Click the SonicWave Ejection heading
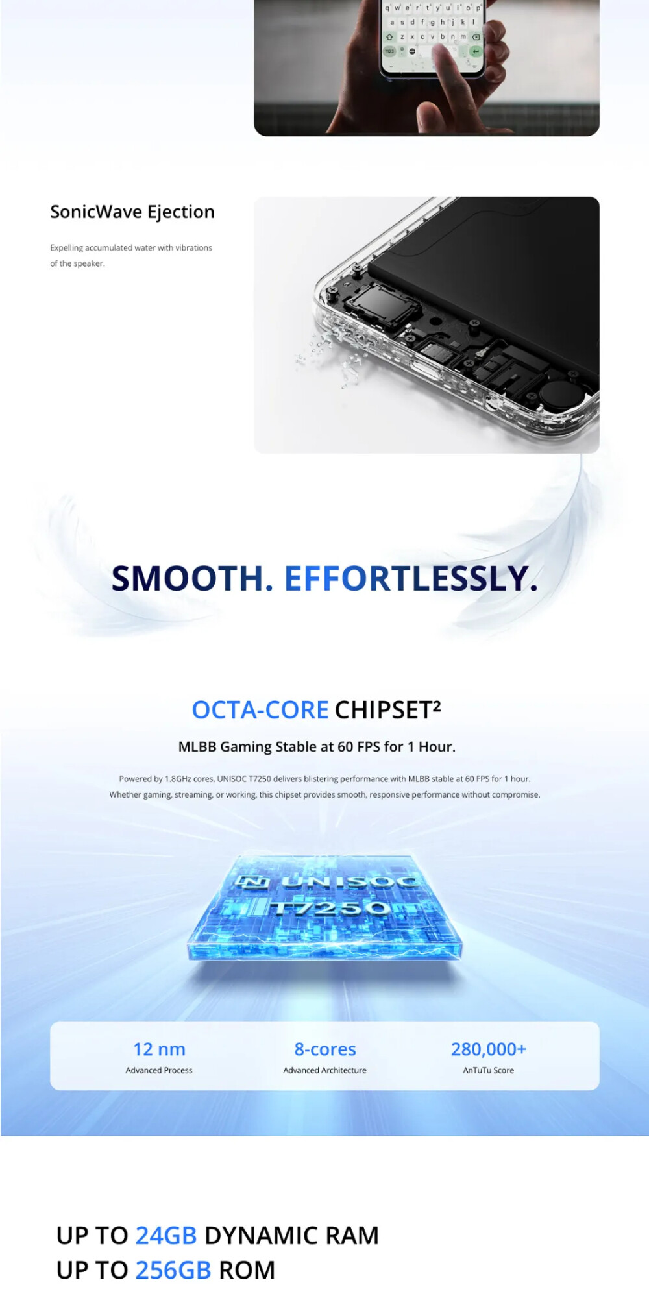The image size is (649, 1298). [132, 212]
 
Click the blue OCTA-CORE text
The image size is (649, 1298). [260, 710]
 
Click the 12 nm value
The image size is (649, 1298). [159, 1049]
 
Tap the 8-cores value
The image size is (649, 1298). [325, 1049]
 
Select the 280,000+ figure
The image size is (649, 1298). [489, 1049]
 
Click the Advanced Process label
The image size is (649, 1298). [159, 1070]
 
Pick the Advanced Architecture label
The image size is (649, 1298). [325, 1070]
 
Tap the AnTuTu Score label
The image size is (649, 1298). [489, 1070]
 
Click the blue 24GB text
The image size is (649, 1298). [166, 1236]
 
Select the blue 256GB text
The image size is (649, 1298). [173, 1270]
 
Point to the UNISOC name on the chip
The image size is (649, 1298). [349, 881]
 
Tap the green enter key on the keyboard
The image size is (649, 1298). [476, 51]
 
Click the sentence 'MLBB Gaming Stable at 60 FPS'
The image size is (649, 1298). [317, 747]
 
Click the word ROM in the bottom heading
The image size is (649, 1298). [247, 1270]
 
